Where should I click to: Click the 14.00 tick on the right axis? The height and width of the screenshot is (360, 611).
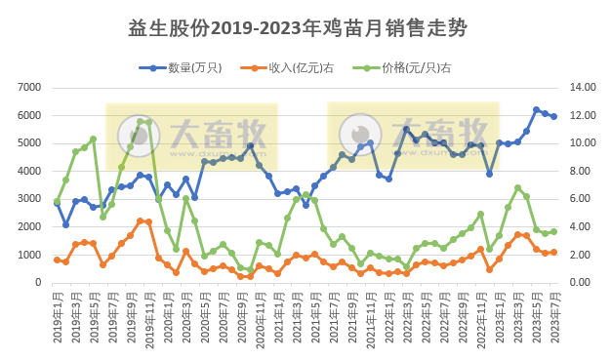click(x=582, y=88)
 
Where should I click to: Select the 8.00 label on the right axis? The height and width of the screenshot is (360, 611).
click(x=582, y=172)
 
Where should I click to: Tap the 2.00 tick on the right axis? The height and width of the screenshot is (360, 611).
click(x=582, y=256)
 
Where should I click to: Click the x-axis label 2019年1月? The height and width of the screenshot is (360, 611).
click(x=57, y=317)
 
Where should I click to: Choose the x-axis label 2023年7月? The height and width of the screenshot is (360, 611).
click(x=554, y=317)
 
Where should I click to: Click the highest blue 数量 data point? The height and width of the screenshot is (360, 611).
click(x=536, y=110)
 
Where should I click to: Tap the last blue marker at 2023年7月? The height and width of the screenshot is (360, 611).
click(x=554, y=116)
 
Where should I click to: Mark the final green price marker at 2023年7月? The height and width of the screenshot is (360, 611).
click(x=554, y=231)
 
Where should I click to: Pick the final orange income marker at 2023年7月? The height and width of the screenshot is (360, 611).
click(x=554, y=252)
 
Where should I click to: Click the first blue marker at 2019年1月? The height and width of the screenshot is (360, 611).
click(x=57, y=203)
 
